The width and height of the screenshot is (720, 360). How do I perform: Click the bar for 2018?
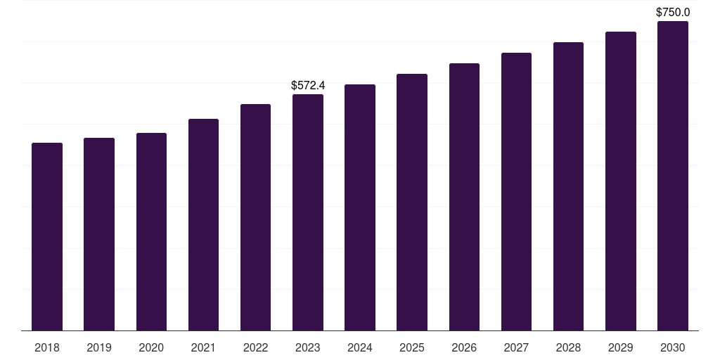pyautogui.click(x=47, y=236)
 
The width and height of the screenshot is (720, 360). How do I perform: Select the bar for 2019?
pyautogui.click(x=99, y=234)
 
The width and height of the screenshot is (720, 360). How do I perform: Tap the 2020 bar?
pyautogui.click(x=151, y=231)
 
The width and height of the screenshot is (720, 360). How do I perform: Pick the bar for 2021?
pyautogui.click(x=203, y=224)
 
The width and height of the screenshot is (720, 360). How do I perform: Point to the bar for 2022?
pyautogui.click(x=255, y=217)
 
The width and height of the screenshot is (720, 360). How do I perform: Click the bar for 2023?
pyautogui.click(x=308, y=212)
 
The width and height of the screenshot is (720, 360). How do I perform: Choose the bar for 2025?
pyautogui.click(x=412, y=202)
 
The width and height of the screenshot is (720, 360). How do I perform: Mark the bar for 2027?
pyautogui.click(x=516, y=191)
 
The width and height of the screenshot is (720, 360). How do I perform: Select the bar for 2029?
pyautogui.click(x=621, y=181)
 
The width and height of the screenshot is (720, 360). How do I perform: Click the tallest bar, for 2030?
pyautogui.click(x=673, y=176)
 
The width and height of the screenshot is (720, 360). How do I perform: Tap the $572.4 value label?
pyautogui.click(x=308, y=85)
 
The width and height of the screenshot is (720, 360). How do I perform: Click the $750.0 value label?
pyautogui.click(x=673, y=12)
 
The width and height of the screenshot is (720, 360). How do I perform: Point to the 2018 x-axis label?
pyautogui.click(x=47, y=347)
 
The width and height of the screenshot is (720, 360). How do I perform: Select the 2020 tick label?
pyautogui.click(x=151, y=347)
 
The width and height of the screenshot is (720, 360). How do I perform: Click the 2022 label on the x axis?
pyautogui.click(x=255, y=347)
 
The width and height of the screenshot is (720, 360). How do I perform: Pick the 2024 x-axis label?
pyautogui.click(x=360, y=347)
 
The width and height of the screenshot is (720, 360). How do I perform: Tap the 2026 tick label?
pyautogui.click(x=464, y=347)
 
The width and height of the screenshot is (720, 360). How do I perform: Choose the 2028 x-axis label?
pyautogui.click(x=568, y=347)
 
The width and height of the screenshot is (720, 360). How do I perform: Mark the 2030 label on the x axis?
pyautogui.click(x=673, y=347)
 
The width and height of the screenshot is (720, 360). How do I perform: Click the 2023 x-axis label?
pyautogui.click(x=308, y=347)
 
